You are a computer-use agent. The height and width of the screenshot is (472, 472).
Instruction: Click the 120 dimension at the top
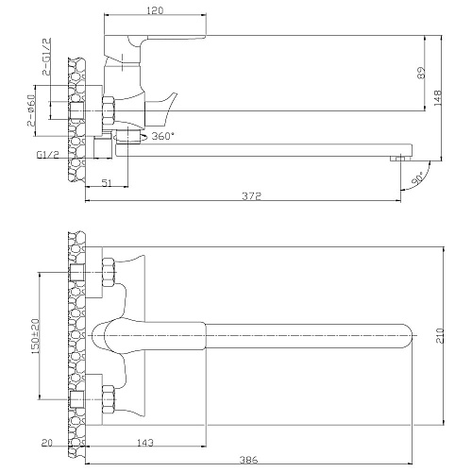click(155, 10)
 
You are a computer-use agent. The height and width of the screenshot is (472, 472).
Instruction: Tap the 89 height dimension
click(421, 73)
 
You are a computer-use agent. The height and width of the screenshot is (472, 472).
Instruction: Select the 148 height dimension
click(438, 97)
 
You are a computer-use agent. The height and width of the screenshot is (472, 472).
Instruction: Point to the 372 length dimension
click(252, 196)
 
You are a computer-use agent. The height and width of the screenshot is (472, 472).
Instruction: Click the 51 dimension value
click(107, 183)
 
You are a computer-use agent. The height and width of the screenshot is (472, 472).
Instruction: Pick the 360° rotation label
click(163, 136)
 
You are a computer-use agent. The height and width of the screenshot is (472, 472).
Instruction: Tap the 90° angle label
click(418, 180)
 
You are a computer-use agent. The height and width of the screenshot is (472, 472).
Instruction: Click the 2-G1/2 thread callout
click(46, 57)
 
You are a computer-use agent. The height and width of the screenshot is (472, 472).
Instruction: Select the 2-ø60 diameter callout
click(32, 110)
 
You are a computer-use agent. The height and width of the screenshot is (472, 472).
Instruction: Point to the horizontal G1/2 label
click(48, 155)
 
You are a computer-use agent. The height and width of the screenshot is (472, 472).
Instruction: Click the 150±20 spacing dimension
click(35, 335)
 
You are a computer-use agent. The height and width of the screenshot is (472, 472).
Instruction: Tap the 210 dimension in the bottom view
click(440, 336)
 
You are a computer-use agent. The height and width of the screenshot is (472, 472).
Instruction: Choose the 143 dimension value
click(145, 443)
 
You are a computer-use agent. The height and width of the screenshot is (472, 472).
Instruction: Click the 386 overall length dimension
click(248, 460)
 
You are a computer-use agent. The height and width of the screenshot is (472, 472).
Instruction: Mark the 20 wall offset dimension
click(47, 443)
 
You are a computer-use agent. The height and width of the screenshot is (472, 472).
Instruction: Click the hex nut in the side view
click(109, 111)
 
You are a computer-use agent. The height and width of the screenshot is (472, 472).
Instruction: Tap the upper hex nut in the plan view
click(109, 272)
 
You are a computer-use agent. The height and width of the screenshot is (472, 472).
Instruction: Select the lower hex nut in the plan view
click(109, 399)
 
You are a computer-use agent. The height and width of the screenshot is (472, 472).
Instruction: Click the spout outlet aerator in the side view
click(401, 159)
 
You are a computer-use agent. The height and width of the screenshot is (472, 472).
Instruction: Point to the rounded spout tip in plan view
click(408, 336)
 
